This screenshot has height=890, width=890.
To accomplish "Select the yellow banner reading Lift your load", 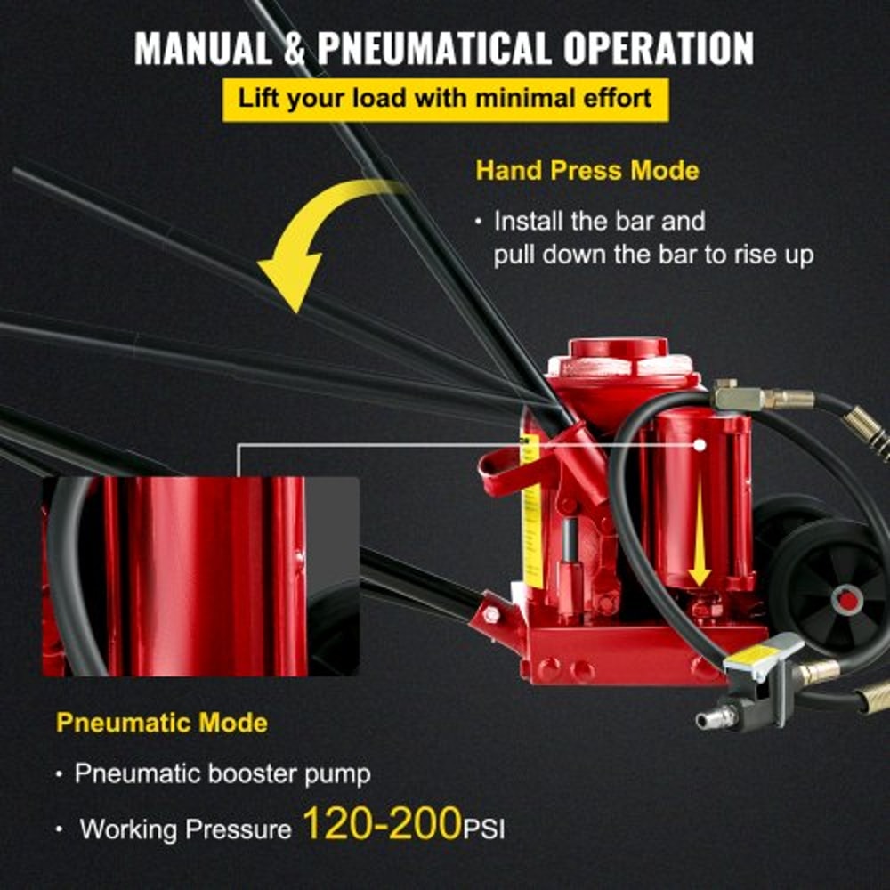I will coord(444,97).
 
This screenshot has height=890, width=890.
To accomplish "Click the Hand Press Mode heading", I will coord(587,170).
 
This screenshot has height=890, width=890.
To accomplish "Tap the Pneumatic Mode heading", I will coord(161,722).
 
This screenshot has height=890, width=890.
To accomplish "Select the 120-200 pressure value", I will coord(382,824).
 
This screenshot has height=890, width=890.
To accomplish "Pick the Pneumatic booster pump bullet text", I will coord(222,773).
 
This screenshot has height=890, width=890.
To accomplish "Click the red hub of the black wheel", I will coord(849,601).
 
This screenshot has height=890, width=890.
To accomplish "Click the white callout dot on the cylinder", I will coord(700,442).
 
